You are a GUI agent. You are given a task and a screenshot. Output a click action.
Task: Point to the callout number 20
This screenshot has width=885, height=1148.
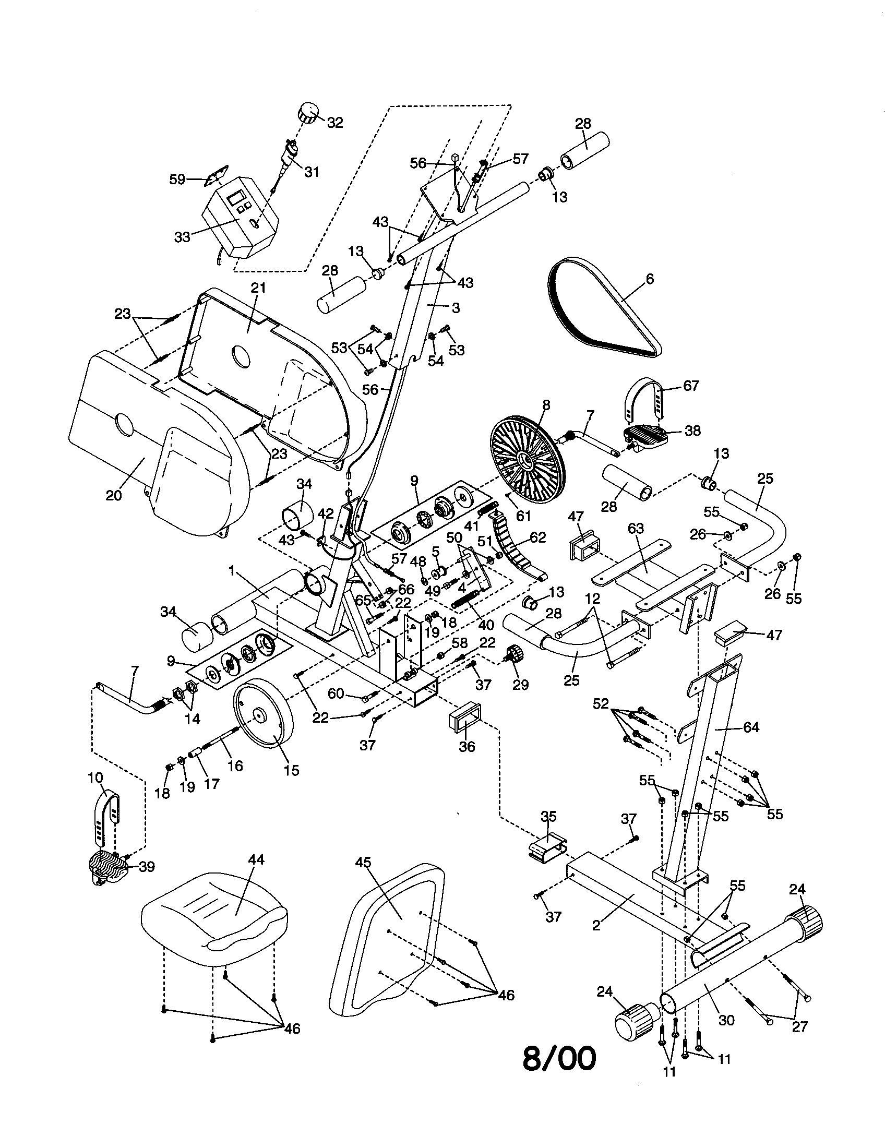[114, 495]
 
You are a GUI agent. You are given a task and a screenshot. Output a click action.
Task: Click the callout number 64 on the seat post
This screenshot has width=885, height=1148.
[751, 727]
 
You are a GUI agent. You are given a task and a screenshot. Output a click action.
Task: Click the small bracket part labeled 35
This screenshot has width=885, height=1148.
[546, 849]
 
